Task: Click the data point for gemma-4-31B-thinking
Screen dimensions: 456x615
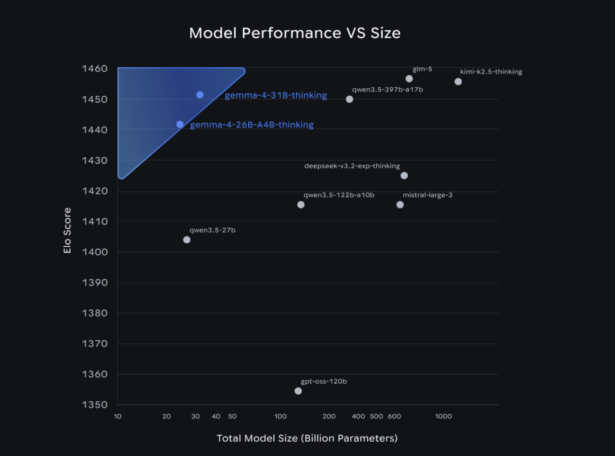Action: click(x=200, y=95)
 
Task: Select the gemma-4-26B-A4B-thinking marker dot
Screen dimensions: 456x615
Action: click(x=180, y=124)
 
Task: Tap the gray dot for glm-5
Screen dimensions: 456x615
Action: click(x=409, y=79)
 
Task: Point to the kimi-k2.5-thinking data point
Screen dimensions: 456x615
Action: click(x=458, y=82)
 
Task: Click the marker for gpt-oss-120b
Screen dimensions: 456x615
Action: click(x=298, y=391)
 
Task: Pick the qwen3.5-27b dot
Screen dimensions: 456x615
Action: click(x=187, y=239)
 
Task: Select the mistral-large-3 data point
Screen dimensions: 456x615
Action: click(x=400, y=205)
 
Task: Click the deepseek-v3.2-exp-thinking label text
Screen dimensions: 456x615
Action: click(x=352, y=166)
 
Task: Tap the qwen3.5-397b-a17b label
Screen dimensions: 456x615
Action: click(x=387, y=89)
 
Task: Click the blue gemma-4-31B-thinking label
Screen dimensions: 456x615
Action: click(x=276, y=95)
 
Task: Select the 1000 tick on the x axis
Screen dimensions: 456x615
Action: click(x=443, y=416)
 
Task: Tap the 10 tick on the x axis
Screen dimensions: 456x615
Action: click(x=118, y=416)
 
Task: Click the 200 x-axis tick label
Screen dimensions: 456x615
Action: click(x=329, y=416)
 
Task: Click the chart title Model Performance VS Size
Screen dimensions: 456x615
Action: click(x=294, y=33)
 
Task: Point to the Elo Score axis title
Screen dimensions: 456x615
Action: click(x=67, y=230)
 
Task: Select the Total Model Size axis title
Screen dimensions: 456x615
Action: click(x=307, y=438)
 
